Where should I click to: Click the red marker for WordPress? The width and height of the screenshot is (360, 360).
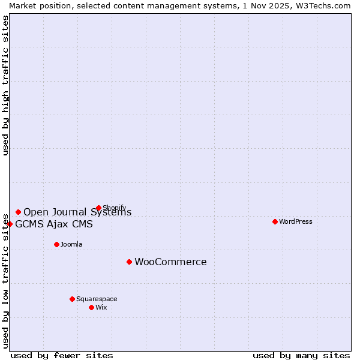[x=275, y=221]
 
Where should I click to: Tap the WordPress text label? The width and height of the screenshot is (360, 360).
[x=296, y=221]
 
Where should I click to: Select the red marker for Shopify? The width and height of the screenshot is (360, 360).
[x=98, y=208]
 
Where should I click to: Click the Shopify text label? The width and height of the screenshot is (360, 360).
[x=115, y=208]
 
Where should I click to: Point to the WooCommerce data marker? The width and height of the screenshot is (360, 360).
[x=129, y=262]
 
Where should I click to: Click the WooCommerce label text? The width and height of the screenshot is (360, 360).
[x=170, y=262]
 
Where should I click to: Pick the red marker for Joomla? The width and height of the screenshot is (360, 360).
[x=56, y=244]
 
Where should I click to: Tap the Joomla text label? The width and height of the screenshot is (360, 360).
[x=71, y=244]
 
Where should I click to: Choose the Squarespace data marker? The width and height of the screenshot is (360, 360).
[x=72, y=299]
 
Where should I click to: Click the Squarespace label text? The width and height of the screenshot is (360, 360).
[x=97, y=299]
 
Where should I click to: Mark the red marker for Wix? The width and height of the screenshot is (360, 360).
[x=91, y=307]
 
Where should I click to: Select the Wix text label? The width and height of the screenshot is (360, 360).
[x=101, y=307]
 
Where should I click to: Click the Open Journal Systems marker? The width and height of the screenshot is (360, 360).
[x=18, y=212]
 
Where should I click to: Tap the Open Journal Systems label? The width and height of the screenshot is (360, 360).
[x=77, y=212]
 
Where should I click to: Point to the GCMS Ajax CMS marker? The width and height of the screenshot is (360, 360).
[x=10, y=224]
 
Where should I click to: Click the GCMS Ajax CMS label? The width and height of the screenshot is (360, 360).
[x=54, y=224]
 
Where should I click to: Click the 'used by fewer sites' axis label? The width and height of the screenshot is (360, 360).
[x=62, y=355]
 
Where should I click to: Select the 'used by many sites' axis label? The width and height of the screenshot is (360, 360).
[x=301, y=355]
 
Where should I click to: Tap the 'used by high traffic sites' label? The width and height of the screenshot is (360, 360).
[x=5, y=85]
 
